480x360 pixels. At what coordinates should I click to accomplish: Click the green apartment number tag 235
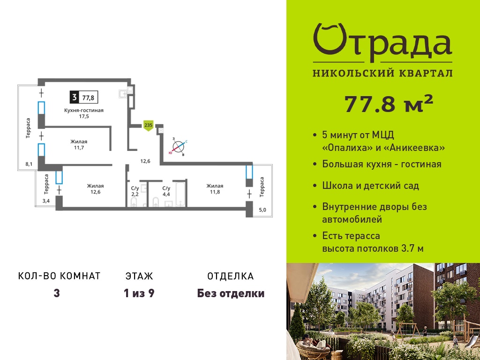[148, 126]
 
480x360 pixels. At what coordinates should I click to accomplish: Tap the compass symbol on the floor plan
[178, 147]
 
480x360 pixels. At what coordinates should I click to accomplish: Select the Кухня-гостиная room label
[84, 110]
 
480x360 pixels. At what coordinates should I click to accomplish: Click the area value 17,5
[84, 117]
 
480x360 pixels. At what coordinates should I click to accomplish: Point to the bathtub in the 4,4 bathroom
[180, 195]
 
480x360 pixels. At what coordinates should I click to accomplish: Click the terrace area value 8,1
[29, 164]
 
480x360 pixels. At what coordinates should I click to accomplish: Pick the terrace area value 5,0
[262, 210]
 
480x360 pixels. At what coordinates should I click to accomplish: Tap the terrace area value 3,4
[46, 201]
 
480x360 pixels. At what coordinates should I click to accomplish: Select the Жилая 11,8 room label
[215, 189]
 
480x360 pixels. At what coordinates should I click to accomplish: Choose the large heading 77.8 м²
[389, 104]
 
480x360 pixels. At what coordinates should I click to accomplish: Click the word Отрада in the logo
[382, 43]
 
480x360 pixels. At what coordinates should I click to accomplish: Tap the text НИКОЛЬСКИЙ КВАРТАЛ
[382, 73]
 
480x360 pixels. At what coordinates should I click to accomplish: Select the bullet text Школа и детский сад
[371, 186]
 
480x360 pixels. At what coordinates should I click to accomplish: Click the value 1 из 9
[139, 293]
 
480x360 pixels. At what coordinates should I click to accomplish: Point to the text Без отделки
[231, 293]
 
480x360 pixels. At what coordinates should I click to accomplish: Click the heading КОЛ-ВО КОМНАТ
[60, 276]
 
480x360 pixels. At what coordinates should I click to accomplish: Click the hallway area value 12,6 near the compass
[145, 161]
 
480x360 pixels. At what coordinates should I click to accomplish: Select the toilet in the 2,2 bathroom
[134, 202]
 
